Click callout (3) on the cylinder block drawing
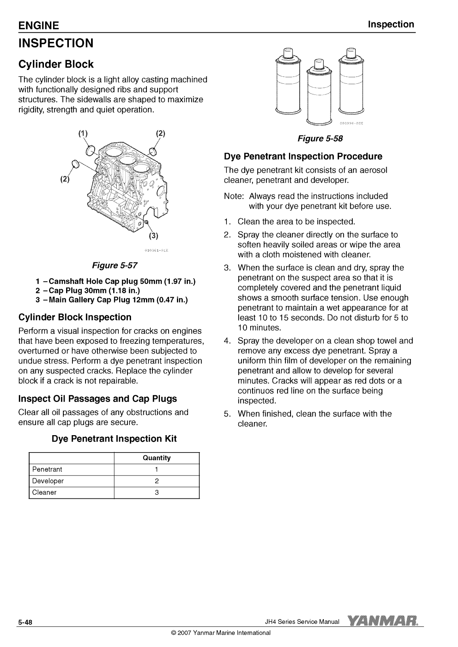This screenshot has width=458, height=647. [x=154, y=236]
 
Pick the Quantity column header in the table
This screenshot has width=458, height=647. [x=156, y=458]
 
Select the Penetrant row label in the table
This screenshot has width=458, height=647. [x=47, y=470]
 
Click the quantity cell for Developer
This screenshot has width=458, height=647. [x=157, y=481]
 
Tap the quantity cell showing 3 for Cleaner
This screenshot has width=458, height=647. [x=157, y=492]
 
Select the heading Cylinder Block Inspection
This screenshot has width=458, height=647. [x=75, y=317]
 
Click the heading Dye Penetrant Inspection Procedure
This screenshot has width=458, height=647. [x=303, y=157]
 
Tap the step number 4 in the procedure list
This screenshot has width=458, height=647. [x=227, y=341]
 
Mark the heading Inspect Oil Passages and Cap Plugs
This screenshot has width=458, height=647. [x=97, y=398]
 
